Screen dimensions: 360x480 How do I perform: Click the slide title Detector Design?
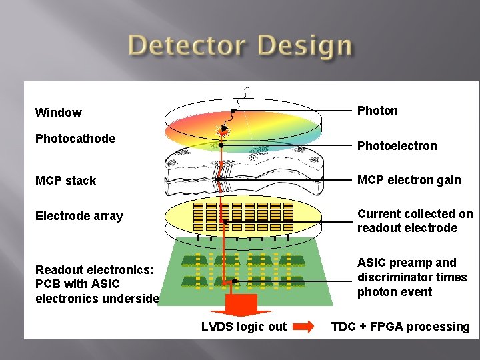click(240, 47)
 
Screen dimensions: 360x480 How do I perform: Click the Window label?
click(59, 113)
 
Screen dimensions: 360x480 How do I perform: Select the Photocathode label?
click(75, 139)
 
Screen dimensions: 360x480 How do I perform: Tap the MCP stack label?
click(65, 181)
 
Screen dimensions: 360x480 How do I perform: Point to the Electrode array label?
click(79, 216)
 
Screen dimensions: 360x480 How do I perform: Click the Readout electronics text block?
click(97, 284)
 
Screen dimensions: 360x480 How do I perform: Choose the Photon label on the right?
click(377, 111)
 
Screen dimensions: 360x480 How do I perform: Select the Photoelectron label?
click(397, 146)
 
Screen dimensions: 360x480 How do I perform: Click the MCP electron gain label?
click(409, 180)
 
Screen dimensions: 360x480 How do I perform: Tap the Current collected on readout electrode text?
click(415, 221)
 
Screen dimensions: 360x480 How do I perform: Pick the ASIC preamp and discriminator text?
click(412, 277)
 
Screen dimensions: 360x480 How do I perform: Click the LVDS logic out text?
click(244, 327)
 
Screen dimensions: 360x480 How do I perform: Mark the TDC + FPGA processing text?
click(400, 327)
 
